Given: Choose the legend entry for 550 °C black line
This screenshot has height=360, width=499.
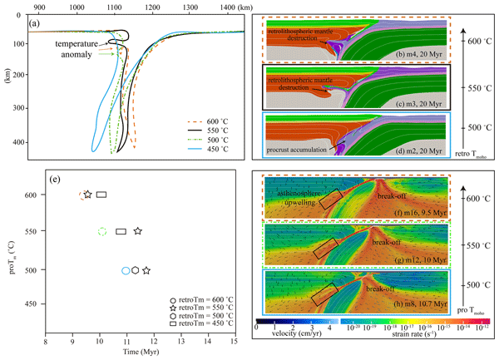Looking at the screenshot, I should (x=204, y=130).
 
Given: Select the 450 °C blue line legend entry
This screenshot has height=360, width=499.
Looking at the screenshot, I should (x=204, y=154).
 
